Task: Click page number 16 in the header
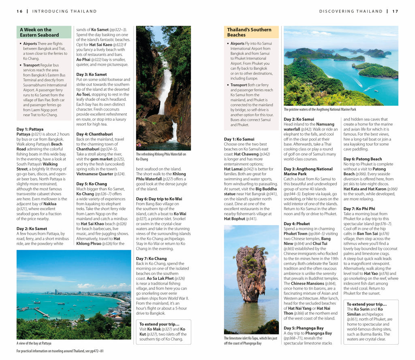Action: pyautogui.click(x=19, y=11)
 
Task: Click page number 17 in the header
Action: pyautogui.click(x=395, y=11)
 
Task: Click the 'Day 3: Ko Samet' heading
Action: pyautogui.click(x=92, y=75)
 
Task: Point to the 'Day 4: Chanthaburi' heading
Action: pyautogui.click(x=94, y=134)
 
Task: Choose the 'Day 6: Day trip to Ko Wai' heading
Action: pyautogui.click(x=159, y=199)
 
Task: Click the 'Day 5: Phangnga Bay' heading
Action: pyautogui.click(x=304, y=328)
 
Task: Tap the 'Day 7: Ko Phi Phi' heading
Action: pyautogui.click(x=359, y=209)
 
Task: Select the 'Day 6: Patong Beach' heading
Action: pyautogui.click(x=363, y=159)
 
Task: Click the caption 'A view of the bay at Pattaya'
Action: pyautogui.click(x=34, y=343)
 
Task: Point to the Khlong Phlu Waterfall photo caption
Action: pyautogui.click(x=161, y=156)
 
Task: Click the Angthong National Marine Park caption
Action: pyautogui.click(x=320, y=109)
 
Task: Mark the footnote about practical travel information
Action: pyautogui.click(x=60, y=351)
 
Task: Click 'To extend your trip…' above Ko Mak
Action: pyautogui.click(x=159, y=324)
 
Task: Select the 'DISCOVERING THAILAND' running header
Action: pyautogui.click(x=351, y=11)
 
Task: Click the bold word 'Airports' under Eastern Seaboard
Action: pyautogui.click(x=30, y=44)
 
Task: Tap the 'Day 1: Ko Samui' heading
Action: pyautogui.click(x=239, y=139)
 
